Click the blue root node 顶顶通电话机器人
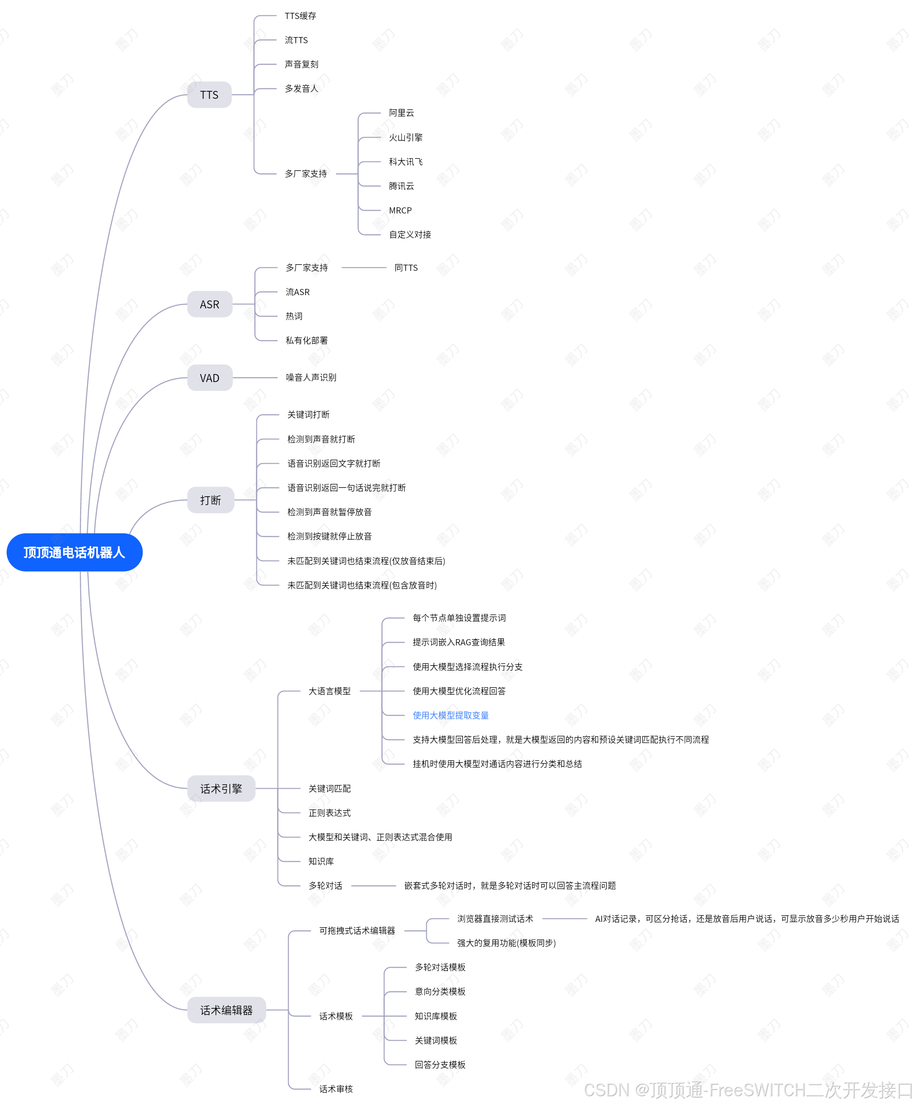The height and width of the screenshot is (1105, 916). [74, 552]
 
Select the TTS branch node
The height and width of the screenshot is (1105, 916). [209, 95]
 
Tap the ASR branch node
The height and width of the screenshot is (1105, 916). [210, 304]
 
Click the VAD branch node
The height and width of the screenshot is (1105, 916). [210, 378]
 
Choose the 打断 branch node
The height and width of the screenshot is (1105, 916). [210, 500]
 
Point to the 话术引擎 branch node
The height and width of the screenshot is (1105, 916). [221, 788]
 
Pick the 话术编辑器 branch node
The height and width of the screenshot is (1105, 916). [226, 1010]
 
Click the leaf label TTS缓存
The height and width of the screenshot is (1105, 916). [300, 16]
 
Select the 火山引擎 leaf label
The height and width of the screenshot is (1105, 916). [405, 137]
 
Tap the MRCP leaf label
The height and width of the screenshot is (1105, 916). [400, 210]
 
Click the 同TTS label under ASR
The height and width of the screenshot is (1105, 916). [406, 268]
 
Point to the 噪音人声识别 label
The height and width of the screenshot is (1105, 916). [311, 377]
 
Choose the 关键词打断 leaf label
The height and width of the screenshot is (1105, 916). [308, 415]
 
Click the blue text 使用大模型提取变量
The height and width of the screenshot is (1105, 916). [450, 715]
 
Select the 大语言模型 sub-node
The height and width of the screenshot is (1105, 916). [330, 691]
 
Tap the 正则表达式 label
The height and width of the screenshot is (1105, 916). [330, 813]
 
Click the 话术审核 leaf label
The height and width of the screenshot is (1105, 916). [336, 1089]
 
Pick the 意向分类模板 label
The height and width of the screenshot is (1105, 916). [440, 991]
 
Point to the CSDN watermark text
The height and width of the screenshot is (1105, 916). [747, 1090]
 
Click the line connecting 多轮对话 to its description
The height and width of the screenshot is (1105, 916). [373, 886]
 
